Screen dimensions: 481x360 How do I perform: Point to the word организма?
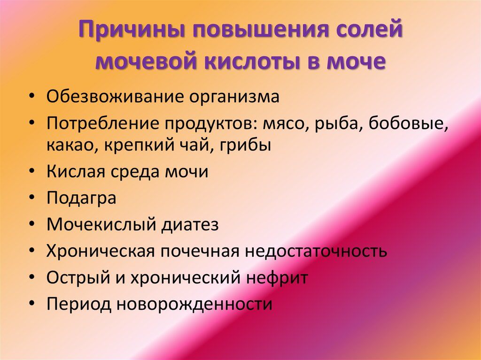click(234, 98)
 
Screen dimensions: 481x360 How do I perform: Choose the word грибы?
click(245, 145)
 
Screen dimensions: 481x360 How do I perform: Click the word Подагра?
click(81, 198)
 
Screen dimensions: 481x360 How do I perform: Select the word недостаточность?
click(316, 251)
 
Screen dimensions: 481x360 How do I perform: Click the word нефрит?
click(277, 277)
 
